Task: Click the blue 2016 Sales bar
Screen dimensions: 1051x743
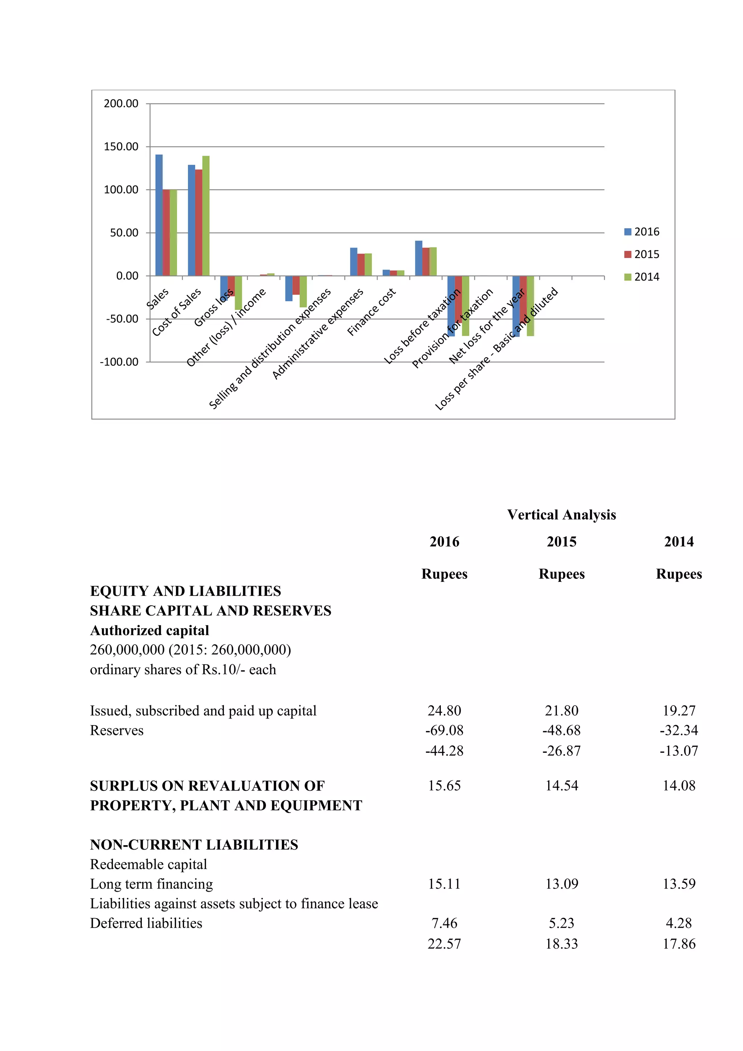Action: point(159,215)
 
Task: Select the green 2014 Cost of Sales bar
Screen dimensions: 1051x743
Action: point(206,216)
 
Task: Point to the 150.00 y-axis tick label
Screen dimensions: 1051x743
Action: point(121,147)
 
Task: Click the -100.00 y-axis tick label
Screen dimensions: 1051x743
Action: point(119,362)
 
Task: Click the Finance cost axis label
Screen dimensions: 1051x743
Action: point(371,312)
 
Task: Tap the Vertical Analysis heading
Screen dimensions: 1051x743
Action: point(561,515)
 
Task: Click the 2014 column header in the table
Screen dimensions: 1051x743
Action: point(678,542)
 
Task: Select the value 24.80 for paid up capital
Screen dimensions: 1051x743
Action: point(444,711)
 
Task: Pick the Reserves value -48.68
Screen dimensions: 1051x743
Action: point(561,731)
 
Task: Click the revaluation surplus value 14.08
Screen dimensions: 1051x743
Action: point(678,786)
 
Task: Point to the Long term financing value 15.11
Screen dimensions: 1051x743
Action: point(444,884)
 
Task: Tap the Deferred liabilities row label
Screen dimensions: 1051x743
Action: point(146,923)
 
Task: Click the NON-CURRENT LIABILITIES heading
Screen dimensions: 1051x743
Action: point(194,845)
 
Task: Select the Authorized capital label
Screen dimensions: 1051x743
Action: point(149,631)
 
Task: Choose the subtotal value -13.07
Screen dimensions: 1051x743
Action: point(678,751)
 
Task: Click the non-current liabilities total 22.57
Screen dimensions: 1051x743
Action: point(444,944)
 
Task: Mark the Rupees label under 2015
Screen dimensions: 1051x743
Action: point(561,574)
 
